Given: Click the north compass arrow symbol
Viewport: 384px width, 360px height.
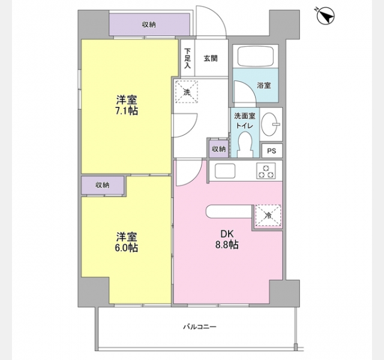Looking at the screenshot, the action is pyautogui.click(x=325, y=16).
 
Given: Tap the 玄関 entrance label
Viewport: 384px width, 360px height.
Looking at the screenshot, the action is pyautogui.click(x=211, y=59).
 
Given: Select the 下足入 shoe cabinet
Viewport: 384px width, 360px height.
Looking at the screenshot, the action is pyautogui.click(x=188, y=58).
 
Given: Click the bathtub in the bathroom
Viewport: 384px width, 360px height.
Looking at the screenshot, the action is pyautogui.click(x=256, y=56).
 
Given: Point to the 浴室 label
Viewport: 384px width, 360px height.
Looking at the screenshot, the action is pyautogui.click(x=264, y=85).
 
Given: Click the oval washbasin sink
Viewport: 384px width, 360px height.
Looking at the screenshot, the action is pyautogui.click(x=271, y=124).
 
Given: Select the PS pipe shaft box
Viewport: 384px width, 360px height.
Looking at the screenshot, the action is pyautogui.click(x=272, y=151).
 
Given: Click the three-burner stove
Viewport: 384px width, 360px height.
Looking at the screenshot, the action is pyautogui.click(x=266, y=170).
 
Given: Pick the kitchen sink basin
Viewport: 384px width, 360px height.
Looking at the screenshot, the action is pyautogui.click(x=225, y=170).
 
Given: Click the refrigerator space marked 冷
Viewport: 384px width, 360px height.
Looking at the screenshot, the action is pyautogui.click(x=268, y=216).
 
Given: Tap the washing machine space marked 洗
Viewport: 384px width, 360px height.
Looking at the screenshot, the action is pyautogui.click(x=187, y=92).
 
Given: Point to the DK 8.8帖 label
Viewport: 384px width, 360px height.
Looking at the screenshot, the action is pyautogui.click(x=227, y=239).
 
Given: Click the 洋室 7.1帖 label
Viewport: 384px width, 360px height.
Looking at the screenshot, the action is pyautogui.click(x=127, y=106).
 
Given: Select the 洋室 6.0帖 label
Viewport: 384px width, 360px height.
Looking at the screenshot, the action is pyautogui.click(x=127, y=242).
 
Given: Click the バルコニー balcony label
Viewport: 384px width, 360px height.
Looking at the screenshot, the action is pyautogui.click(x=200, y=326).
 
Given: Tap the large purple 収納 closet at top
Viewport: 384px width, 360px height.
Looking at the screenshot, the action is pyautogui.click(x=149, y=25).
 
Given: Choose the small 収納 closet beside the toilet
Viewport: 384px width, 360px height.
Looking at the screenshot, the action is pyautogui.click(x=218, y=149).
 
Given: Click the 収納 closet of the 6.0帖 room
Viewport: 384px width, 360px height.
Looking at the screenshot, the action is pyautogui.click(x=103, y=185).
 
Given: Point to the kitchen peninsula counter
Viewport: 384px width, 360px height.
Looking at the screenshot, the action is pyautogui.click(x=229, y=211).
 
